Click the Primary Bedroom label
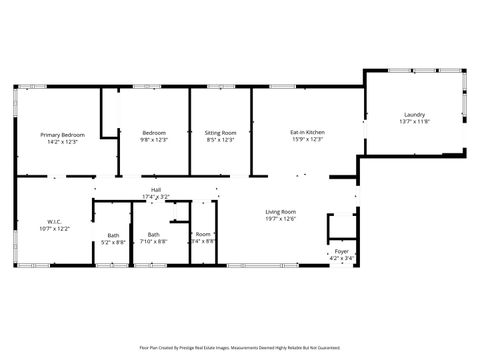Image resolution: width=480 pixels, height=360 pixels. click(x=62, y=134)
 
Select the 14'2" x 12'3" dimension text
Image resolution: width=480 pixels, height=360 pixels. click(x=62, y=142)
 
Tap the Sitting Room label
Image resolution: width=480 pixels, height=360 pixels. click(x=220, y=133)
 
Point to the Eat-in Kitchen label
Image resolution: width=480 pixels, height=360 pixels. click(x=307, y=133)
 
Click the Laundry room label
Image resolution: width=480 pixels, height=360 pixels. click(x=414, y=114)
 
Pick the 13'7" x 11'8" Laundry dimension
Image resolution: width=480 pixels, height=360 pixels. click(x=414, y=122)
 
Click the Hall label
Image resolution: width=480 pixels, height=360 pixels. click(x=156, y=189)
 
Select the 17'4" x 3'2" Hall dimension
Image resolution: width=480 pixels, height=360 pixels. click(x=156, y=196)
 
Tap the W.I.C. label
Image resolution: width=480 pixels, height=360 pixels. click(x=55, y=221)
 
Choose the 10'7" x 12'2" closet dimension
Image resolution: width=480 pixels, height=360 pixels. click(x=55, y=229)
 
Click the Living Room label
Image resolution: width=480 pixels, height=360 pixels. click(x=280, y=211)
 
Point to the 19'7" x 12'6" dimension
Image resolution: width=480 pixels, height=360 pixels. click(x=280, y=219)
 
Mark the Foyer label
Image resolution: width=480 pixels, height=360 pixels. click(x=342, y=251)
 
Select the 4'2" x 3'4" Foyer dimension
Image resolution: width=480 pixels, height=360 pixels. click(x=342, y=258)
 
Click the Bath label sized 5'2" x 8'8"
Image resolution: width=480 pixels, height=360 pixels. click(x=113, y=235)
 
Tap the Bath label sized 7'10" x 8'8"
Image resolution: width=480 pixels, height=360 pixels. click(x=153, y=234)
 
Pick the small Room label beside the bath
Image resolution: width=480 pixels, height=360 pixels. click(x=203, y=234)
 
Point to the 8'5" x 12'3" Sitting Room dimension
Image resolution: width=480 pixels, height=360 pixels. click(x=220, y=141)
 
